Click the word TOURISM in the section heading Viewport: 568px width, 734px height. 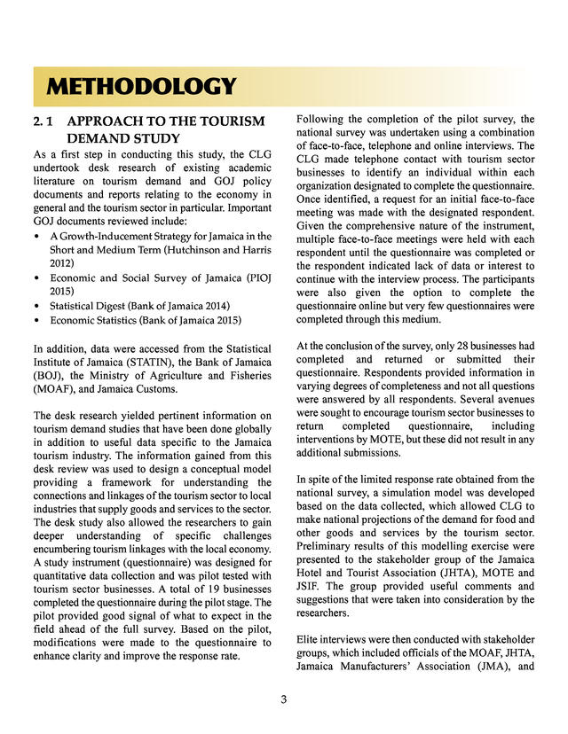[x=225, y=121]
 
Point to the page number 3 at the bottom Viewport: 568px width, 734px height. [x=283, y=699]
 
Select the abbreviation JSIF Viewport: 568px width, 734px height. [x=311, y=586]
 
